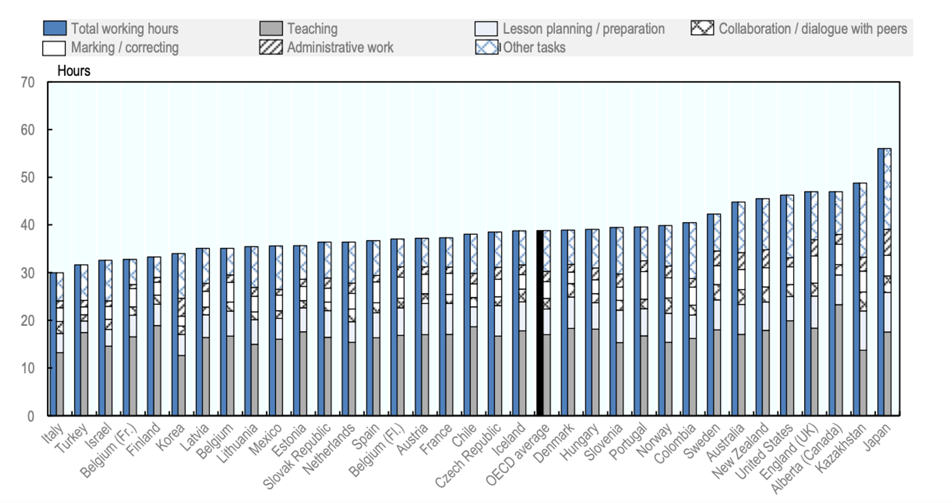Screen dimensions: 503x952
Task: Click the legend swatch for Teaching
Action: click(x=271, y=29)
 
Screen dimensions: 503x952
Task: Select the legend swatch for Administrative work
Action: click(x=271, y=48)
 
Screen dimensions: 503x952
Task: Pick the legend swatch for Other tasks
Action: click(x=486, y=48)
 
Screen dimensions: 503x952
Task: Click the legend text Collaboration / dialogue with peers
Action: click(x=813, y=29)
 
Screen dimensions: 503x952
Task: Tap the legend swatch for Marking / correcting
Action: click(x=54, y=48)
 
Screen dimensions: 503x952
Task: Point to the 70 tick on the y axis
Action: click(x=28, y=82)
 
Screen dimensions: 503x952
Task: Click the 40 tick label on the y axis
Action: click(x=28, y=225)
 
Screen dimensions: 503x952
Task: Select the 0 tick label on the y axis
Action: click(x=30, y=416)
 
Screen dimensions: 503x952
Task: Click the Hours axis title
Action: click(x=74, y=71)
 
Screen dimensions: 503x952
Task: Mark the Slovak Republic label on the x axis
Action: click(x=297, y=456)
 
